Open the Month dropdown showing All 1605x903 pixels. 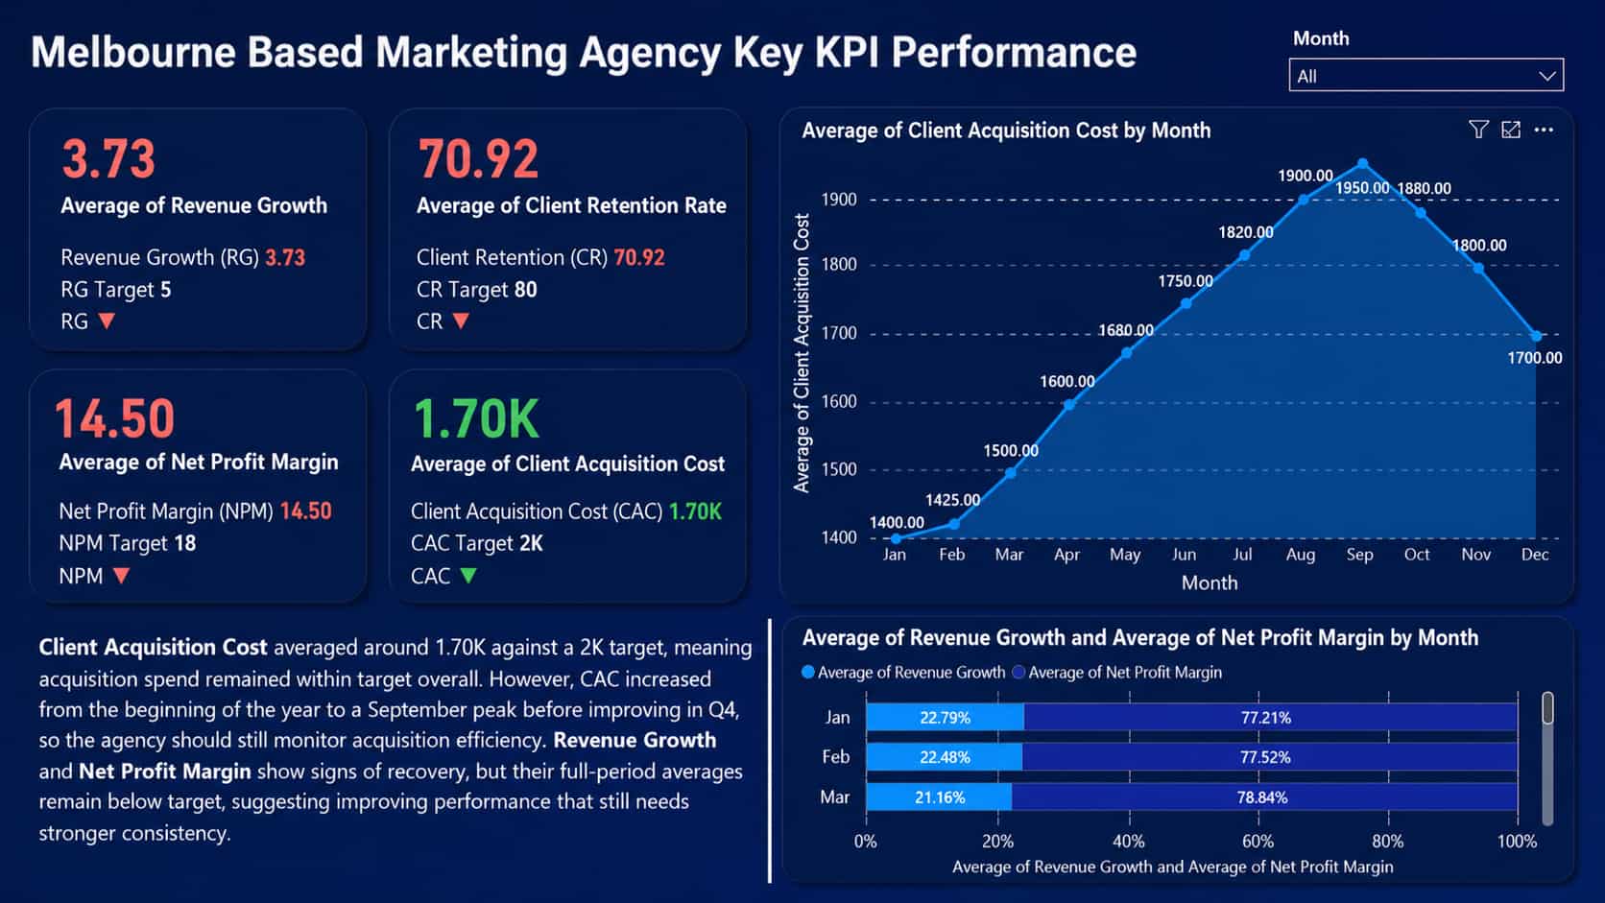click(1425, 76)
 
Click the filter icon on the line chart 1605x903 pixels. click(1478, 130)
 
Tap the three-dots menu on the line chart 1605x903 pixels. click(1544, 130)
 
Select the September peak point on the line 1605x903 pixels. click(1362, 164)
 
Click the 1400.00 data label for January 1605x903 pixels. click(897, 523)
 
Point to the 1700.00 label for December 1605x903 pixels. click(1534, 358)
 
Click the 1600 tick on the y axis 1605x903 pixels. click(839, 402)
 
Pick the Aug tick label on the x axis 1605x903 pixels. click(1301, 555)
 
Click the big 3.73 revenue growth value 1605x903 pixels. click(108, 159)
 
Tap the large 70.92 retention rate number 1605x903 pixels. click(478, 159)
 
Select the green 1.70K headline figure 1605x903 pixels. click(476, 419)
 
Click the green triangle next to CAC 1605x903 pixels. click(468, 576)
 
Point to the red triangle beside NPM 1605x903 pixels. click(121, 576)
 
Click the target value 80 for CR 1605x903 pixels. click(525, 290)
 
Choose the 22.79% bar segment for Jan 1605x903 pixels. click(945, 718)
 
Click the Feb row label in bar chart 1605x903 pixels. click(835, 757)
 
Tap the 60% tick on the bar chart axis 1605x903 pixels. click(1258, 842)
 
